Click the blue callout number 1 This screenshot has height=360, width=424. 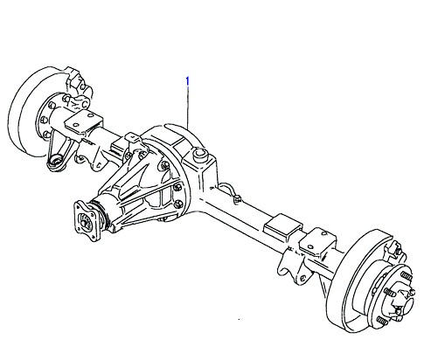188,81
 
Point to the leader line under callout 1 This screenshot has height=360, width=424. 188,107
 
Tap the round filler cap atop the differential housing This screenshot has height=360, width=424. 200,154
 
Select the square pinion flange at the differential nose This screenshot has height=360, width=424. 87,221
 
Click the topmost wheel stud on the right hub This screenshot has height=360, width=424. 407,275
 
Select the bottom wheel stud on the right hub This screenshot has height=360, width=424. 383,321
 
